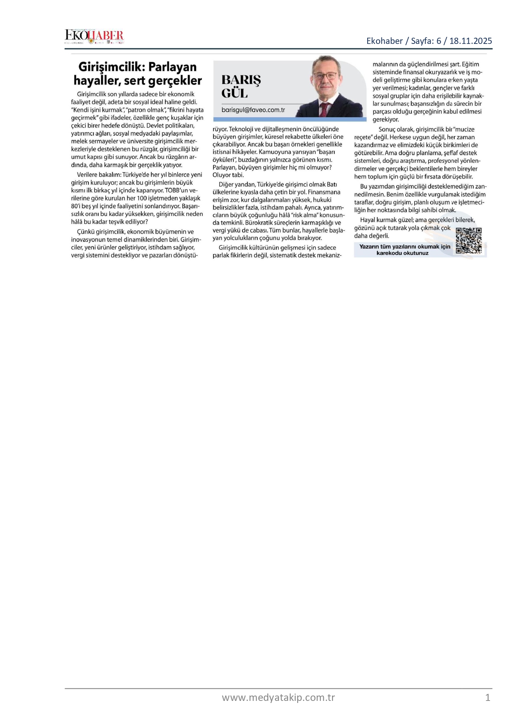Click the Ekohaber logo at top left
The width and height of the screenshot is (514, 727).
coord(94,36)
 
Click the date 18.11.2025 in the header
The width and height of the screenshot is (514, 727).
coord(470,41)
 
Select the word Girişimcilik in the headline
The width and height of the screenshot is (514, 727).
coord(111,67)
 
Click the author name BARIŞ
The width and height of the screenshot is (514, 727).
coord(241,80)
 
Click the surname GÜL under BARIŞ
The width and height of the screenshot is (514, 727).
coord(235,93)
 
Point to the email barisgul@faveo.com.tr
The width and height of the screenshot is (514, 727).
coord(253,110)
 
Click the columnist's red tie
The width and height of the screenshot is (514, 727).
coord(324,109)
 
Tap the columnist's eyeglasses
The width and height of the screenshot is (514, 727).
coord(325,76)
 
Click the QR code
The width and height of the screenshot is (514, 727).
coord(468,240)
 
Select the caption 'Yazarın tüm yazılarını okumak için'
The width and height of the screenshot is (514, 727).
coord(405,246)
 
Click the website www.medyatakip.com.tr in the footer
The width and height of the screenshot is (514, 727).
coord(278,698)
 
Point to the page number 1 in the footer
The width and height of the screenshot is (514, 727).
coord(488,698)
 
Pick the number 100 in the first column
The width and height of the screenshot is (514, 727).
coord(142,198)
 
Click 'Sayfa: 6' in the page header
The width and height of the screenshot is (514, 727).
coord(426,41)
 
